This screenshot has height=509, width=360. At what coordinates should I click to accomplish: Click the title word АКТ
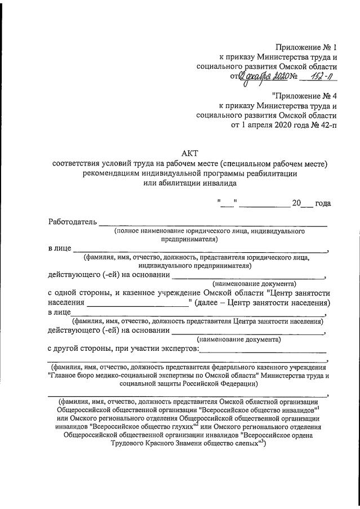click(190, 153)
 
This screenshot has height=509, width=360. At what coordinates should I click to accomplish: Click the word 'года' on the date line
click(323, 203)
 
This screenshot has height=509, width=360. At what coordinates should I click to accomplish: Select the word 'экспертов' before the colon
click(177, 350)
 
